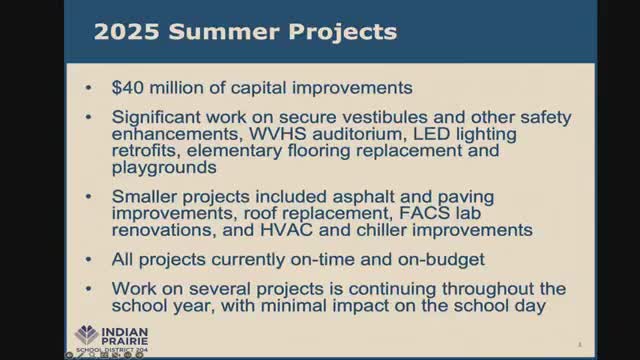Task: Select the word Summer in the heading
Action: point(215,32)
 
